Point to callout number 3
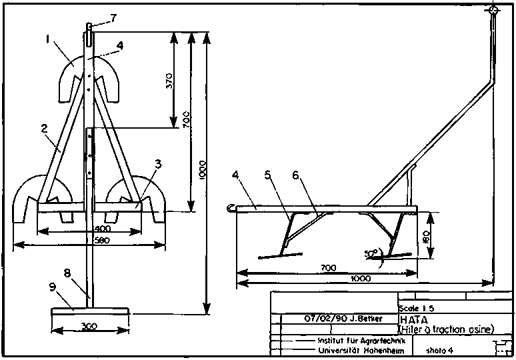pos(157,163)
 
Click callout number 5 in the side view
pos(268,177)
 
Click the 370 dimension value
pos(169,81)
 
